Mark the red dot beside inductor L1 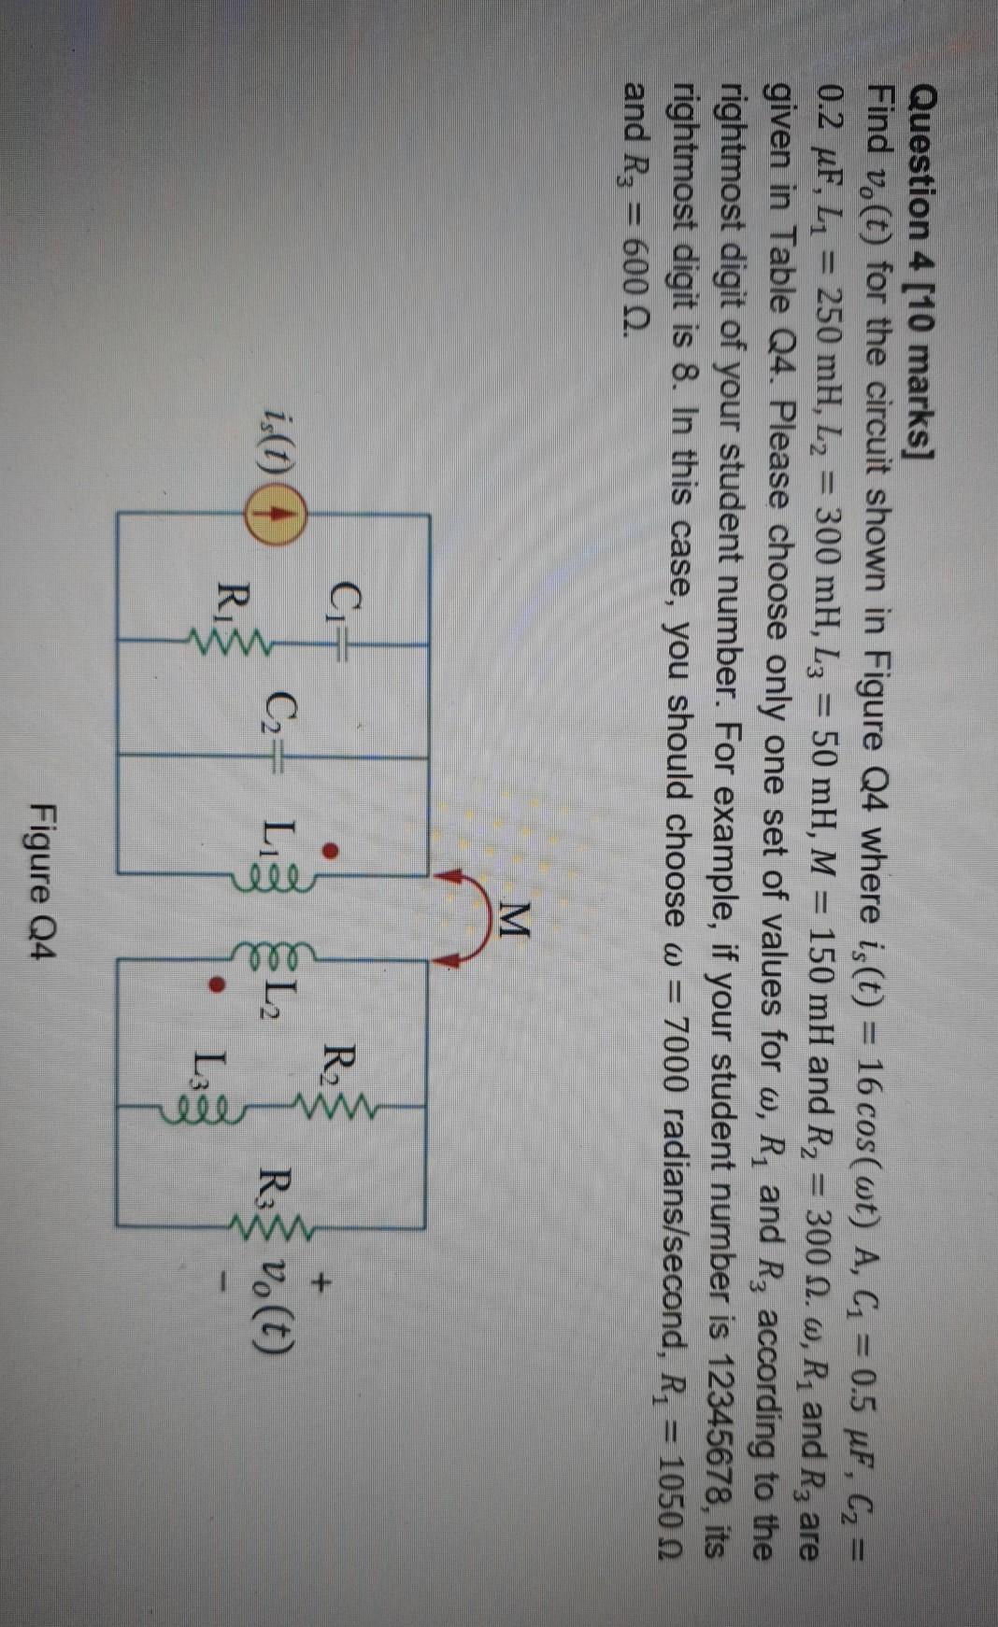point(329,851)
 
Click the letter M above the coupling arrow point(512,925)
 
